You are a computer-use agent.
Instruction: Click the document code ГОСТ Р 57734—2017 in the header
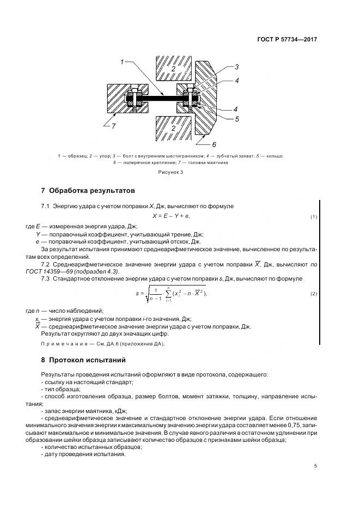(286, 40)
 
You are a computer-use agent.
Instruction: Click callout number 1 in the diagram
(123, 62)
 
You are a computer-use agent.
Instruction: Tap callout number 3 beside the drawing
(237, 67)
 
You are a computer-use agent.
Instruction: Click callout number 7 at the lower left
(113, 126)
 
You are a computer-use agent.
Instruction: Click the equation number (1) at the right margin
(314, 217)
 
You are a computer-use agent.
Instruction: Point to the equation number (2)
(314, 294)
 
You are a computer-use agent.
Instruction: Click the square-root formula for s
(172, 294)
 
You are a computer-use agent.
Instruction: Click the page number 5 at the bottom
(315, 466)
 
